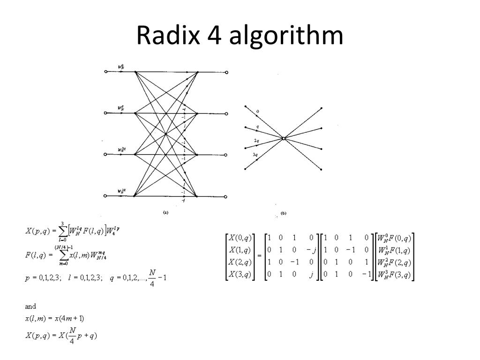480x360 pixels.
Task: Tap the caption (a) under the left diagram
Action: coord(165,212)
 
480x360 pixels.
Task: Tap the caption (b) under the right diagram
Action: coord(283,213)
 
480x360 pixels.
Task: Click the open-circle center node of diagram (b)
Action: coord(284,138)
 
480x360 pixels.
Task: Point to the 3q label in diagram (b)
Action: coord(255,154)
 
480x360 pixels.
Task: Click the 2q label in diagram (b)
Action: coord(256,141)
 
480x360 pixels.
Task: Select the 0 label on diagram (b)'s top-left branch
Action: coord(257,112)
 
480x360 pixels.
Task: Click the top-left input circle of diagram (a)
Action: coord(106,72)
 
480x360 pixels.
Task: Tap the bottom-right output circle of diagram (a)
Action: coord(226,196)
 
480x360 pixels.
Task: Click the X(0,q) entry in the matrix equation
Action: coord(239,237)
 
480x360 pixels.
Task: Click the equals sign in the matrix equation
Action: coord(259,256)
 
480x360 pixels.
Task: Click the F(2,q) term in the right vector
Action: coord(398,262)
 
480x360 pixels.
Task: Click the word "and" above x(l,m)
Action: coord(30,307)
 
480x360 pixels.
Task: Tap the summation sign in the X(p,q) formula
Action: coord(63,231)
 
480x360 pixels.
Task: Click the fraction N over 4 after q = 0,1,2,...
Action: coord(151,277)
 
